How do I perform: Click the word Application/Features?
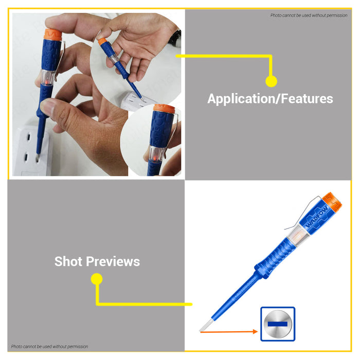pos(270,99)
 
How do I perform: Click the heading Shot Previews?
pos(97,261)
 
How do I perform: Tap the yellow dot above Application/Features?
pos(271,81)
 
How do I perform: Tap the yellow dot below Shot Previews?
pos(97,279)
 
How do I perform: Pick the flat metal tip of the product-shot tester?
pos(206,325)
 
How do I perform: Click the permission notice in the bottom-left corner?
pos(49,347)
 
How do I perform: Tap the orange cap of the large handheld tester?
pos(52,34)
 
